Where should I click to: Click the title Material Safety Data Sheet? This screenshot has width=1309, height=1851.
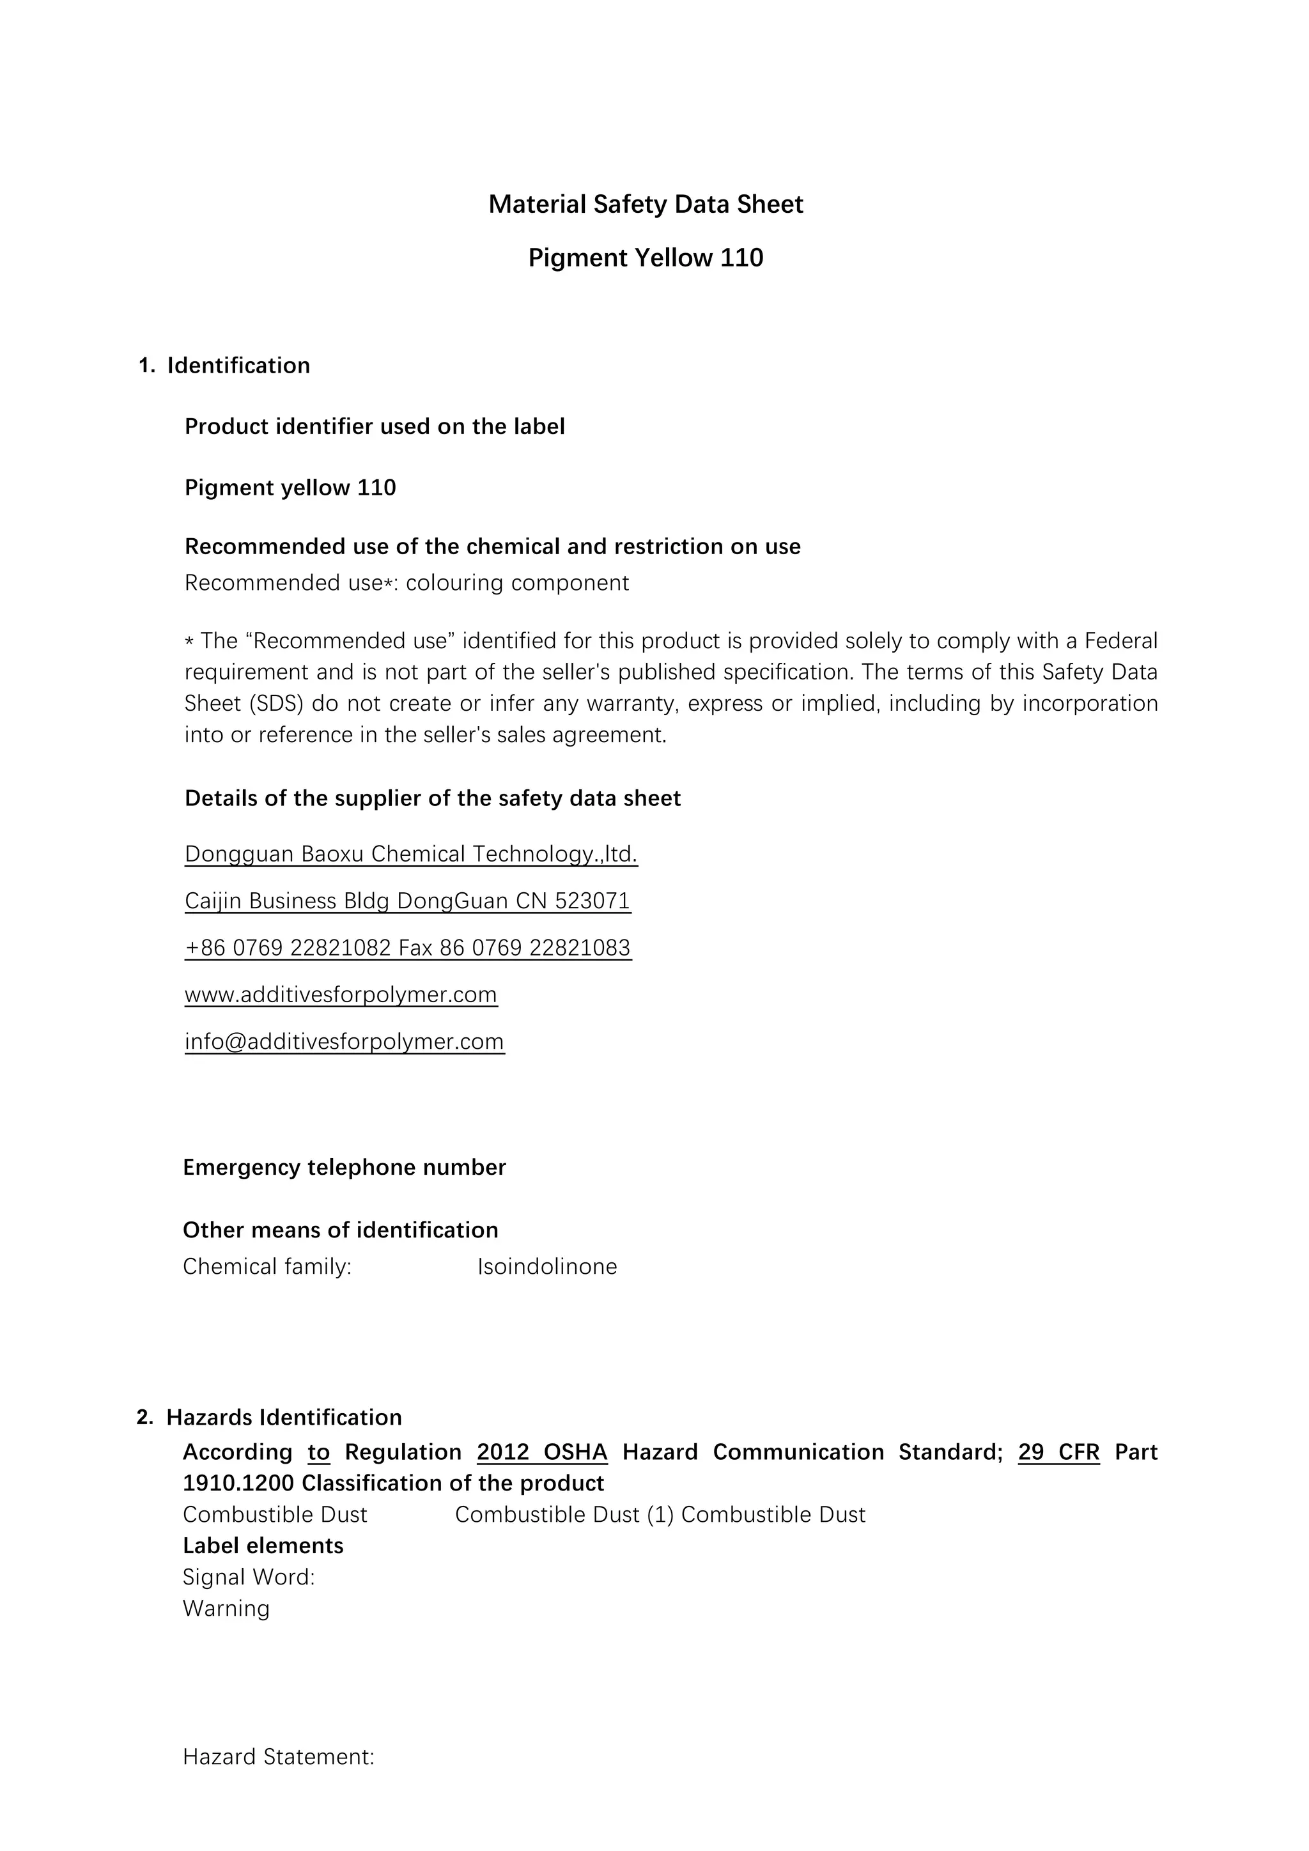click(646, 205)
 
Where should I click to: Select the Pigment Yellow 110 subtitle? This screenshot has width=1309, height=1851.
click(646, 258)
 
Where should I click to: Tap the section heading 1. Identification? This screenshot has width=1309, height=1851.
click(225, 366)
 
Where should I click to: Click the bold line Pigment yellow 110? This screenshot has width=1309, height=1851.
click(290, 488)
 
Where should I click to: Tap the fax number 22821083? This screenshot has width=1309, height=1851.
click(580, 947)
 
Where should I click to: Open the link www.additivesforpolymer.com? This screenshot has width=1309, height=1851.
click(341, 995)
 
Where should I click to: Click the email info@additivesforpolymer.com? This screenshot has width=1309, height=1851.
click(344, 1042)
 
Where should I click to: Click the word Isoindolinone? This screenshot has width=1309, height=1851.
click(546, 1267)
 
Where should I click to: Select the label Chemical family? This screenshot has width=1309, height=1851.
click(267, 1267)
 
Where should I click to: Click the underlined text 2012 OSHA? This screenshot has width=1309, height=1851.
click(541, 1452)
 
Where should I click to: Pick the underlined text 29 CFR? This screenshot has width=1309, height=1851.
click(1058, 1452)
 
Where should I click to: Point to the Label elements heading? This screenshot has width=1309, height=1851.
click(263, 1545)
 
